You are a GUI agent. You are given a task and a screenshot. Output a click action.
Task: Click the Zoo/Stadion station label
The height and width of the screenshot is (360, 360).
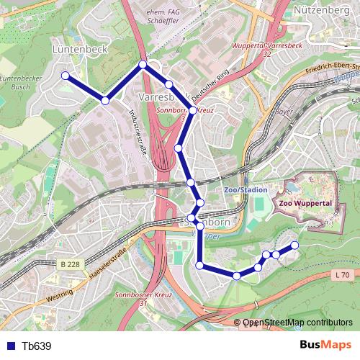246,189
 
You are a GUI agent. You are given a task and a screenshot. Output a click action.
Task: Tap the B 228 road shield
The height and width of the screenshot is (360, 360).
70,264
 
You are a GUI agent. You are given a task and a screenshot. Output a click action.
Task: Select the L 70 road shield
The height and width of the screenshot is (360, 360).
343,274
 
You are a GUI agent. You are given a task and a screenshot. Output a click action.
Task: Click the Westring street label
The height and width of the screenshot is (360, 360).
59,295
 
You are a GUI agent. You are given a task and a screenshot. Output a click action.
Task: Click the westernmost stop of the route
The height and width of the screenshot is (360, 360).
65,75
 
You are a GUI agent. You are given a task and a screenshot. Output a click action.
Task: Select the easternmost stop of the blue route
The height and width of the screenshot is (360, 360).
294,246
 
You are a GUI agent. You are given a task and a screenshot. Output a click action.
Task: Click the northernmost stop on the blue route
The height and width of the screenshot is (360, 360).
143,65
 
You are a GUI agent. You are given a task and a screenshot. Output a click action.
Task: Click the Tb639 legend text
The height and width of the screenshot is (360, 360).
36,346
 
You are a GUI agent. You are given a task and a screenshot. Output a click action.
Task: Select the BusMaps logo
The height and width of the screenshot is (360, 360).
325,346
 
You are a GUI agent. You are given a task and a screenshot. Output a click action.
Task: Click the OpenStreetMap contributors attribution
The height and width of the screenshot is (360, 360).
297,323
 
